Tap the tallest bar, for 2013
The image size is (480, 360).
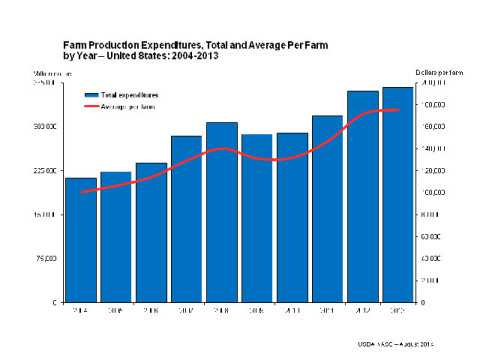tap(398, 194)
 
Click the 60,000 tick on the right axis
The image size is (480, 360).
tap(431, 237)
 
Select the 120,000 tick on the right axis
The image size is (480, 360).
tap(432, 171)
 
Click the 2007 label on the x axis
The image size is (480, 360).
tap(186, 311)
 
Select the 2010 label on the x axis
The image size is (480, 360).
tap(292, 311)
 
